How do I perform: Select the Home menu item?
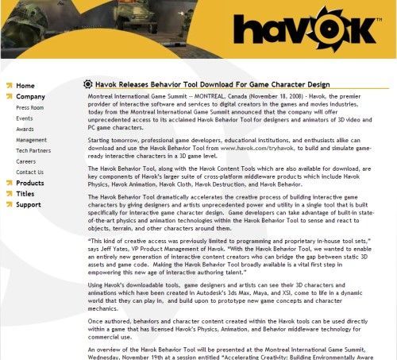pos(25,85)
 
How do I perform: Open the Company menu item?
pos(30,96)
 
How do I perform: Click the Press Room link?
pos(30,107)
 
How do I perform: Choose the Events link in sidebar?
pos(25,118)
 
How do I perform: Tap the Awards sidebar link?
pos(25,129)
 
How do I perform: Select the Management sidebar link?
pos(31,140)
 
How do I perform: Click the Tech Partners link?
pos(33,150)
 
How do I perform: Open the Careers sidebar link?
pos(26,161)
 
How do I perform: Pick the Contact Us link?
pos(29,172)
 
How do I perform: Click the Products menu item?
pos(30,183)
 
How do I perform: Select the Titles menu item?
pos(25,193)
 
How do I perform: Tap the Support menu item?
pos(28,204)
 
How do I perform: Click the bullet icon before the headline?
pos(87,83)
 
